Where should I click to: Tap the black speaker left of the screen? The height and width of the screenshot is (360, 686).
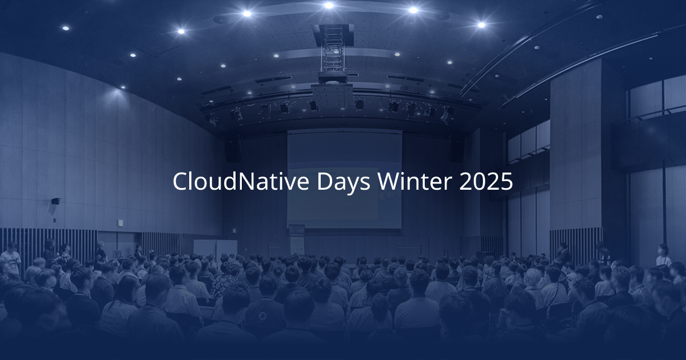(233, 151)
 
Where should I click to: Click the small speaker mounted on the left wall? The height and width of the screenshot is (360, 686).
(56, 201)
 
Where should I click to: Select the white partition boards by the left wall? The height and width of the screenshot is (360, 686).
(215, 247)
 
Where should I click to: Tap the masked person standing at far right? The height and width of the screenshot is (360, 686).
(663, 255)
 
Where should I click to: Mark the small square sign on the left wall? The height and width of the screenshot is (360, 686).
(120, 222)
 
